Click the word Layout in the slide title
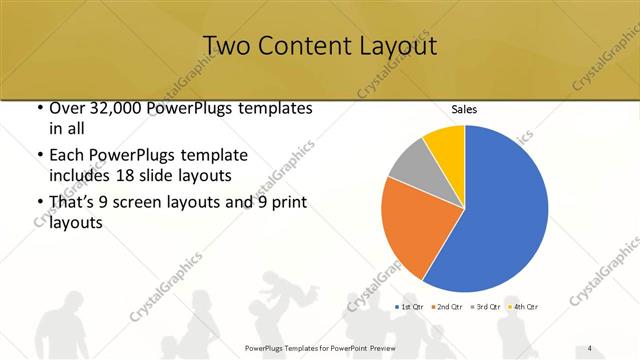pos(394,46)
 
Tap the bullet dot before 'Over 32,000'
pos(38,108)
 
